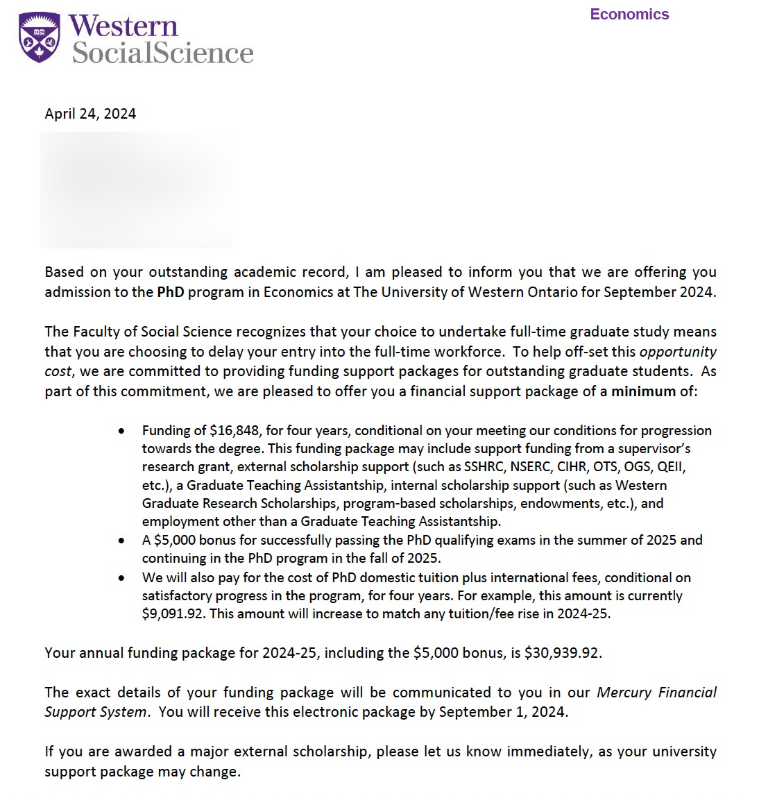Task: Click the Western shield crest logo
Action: tap(39, 39)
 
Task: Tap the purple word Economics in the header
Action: tap(629, 15)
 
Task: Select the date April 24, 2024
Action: tap(90, 114)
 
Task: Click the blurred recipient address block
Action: tap(136, 189)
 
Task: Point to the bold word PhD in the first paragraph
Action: tap(170, 292)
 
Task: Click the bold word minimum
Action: tap(643, 391)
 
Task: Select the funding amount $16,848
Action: tap(235, 430)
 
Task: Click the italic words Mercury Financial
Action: tap(656, 693)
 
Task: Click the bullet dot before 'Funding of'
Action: tap(122, 431)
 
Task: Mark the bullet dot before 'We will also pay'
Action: tap(122, 578)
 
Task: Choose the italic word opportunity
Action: tap(677, 352)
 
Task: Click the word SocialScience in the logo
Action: tap(163, 53)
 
